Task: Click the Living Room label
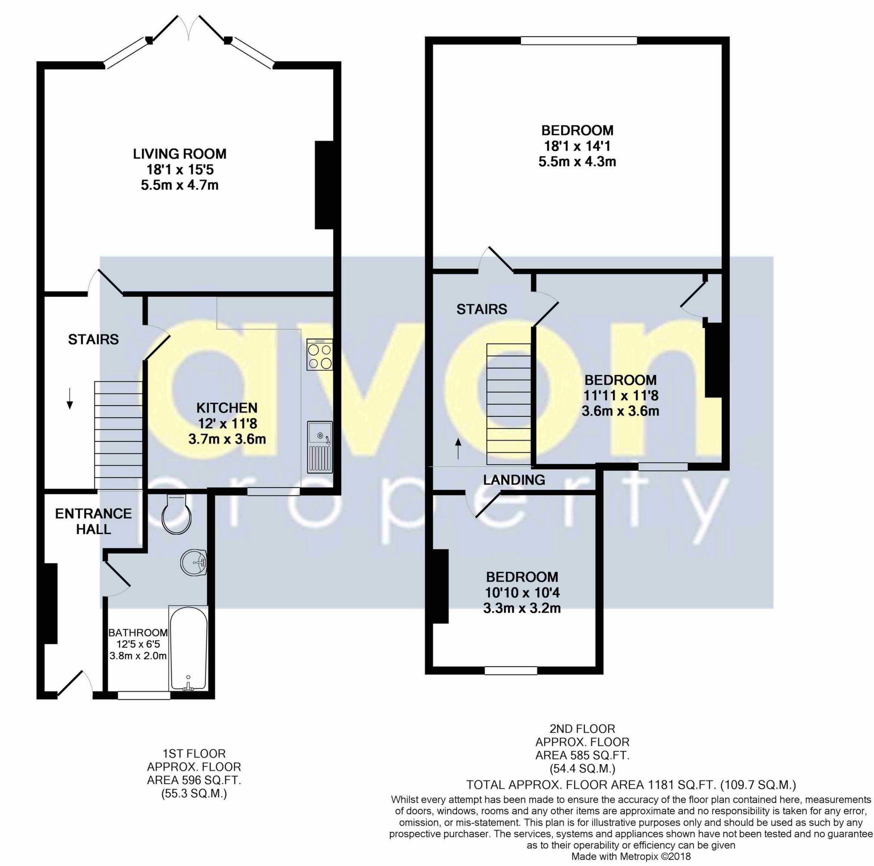[x=180, y=154]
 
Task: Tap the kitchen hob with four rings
[x=319, y=355]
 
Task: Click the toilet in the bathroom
[x=177, y=514]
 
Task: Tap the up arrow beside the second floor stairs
[x=459, y=448]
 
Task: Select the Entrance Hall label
[x=93, y=521]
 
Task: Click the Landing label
[x=514, y=480]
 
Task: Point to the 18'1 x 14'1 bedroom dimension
[x=577, y=146]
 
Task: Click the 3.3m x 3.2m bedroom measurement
[x=522, y=608]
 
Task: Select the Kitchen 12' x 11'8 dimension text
[x=227, y=423]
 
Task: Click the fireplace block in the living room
[x=324, y=186]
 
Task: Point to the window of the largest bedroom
[x=579, y=41]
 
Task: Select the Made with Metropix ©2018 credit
[x=631, y=857]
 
